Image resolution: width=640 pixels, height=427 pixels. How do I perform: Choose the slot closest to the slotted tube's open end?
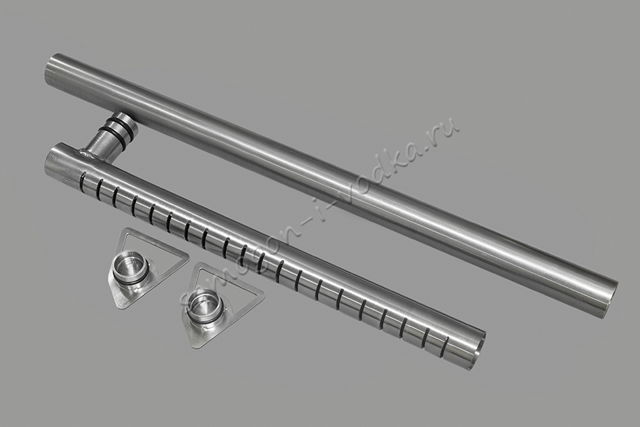tap(447, 344)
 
